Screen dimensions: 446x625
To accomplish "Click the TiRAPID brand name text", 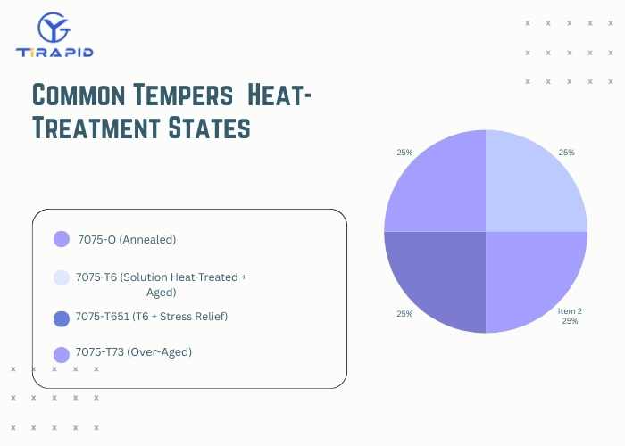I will [x=54, y=52].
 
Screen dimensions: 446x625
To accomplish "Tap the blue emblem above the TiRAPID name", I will [x=54, y=27].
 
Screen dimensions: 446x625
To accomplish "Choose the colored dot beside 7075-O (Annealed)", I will [x=62, y=239].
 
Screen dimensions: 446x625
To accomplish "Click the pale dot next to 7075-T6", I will [x=62, y=277].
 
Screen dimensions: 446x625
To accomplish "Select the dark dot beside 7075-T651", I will [x=62, y=318].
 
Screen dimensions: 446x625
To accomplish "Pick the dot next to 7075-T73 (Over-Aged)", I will [x=62, y=354].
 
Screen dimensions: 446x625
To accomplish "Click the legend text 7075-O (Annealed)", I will [x=127, y=239].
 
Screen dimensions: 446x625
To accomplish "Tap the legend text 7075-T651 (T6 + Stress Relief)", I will [x=152, y=317].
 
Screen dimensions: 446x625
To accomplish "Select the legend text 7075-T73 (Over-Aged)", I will [x=134, y=352].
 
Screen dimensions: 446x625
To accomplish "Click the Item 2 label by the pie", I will [x=570, y=310].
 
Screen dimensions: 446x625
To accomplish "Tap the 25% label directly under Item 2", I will [x=570, y=321].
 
